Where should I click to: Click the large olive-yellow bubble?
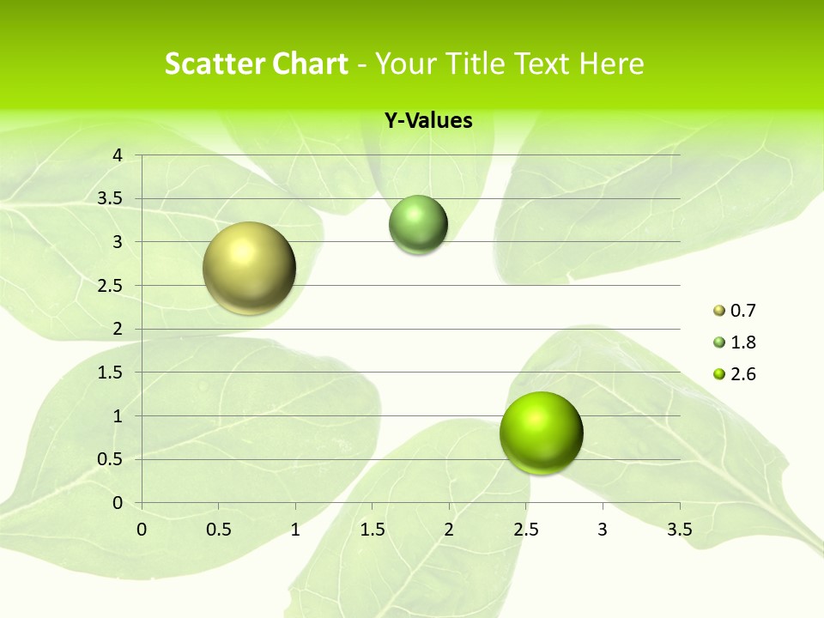[x=249, y=268]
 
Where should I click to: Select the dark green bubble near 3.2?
[x=418, y=225]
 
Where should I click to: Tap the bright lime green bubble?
[x=541, y=433]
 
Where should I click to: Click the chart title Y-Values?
[x=427, y=120]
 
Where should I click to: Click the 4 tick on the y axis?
[x=118, y=155]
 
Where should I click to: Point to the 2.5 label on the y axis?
[x=110, y=286]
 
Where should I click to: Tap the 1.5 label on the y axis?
[x=110, y=373]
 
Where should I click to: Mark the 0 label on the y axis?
[x=118, y=503]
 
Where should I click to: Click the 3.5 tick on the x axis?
[x=679, y=530]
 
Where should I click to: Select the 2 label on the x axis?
[x=449, y=530]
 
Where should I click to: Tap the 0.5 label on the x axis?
[x=218, y=530]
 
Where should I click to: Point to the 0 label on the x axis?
[x=142, y=530]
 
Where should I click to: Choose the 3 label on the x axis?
[x=603, y=530]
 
